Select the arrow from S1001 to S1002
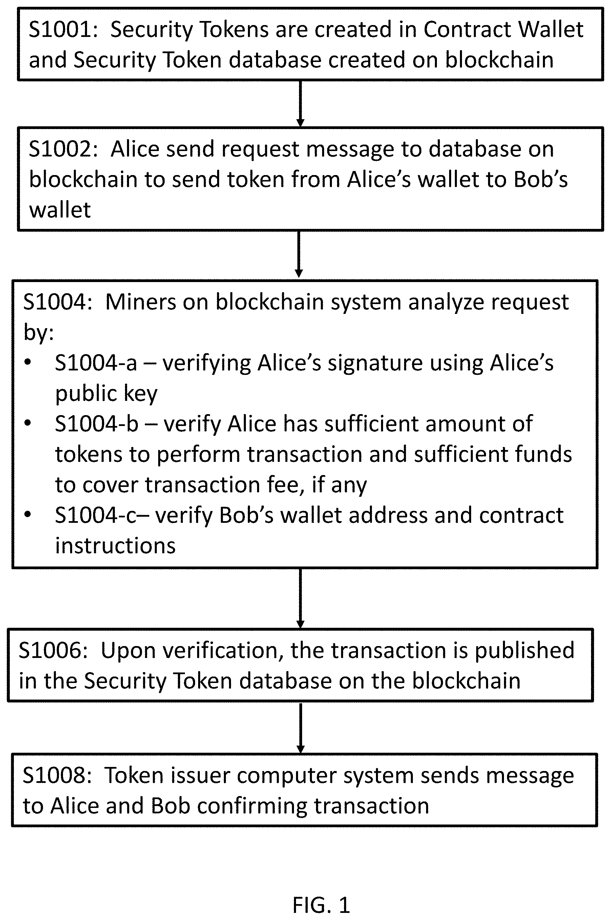click(300, 104)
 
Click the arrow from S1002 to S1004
click(299, 254)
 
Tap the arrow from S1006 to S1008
click(300, 728)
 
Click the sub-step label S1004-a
click(96, 363)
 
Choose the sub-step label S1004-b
click(97, 424)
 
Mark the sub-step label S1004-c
click(96, 515)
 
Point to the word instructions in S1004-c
click(115, 546)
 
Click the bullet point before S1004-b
click(27, 423)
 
